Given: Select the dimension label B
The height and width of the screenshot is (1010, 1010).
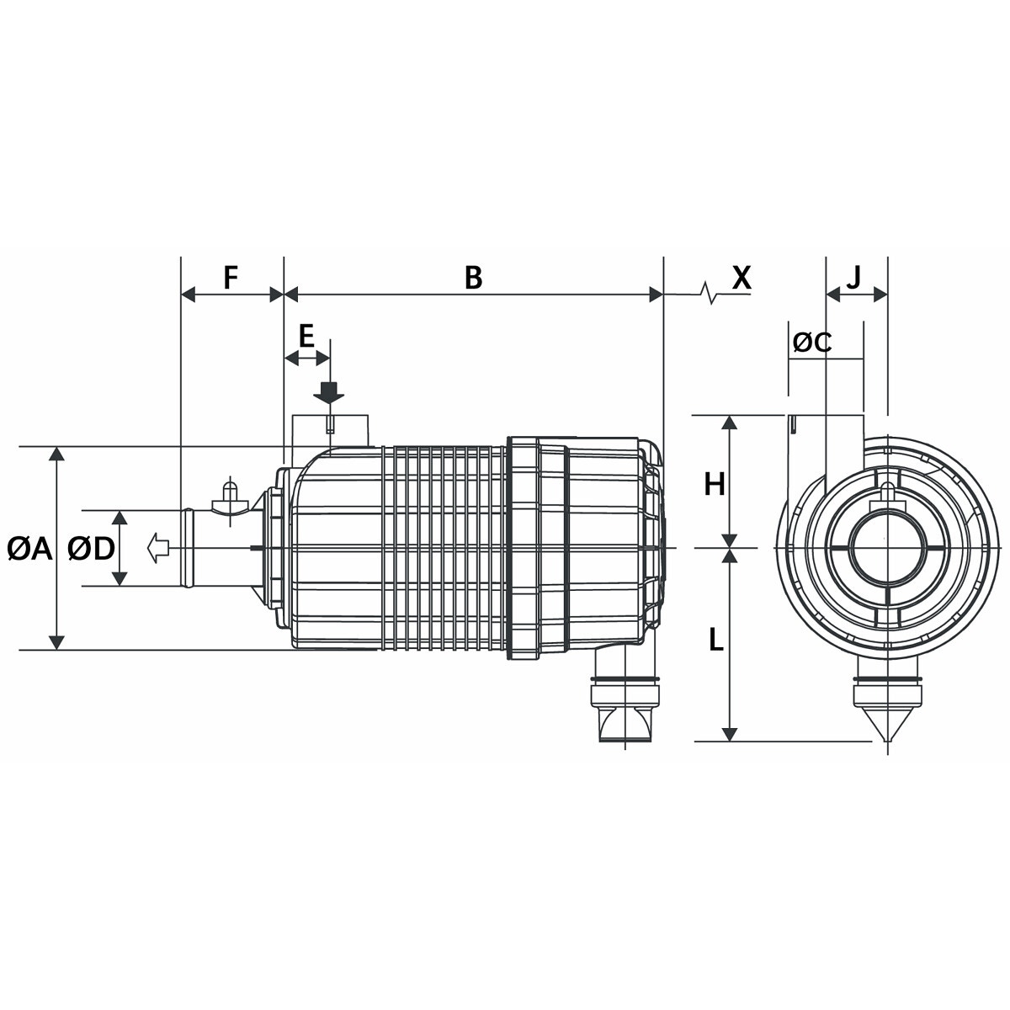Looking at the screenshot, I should coord(474,277).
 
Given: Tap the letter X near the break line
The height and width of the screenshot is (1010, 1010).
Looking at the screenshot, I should coord(741,277).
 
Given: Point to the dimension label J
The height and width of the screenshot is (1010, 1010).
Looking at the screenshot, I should coord(853,275).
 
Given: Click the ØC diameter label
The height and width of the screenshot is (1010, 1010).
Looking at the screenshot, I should coord(812,343).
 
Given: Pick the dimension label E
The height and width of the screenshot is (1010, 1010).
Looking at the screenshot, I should coord(306,337).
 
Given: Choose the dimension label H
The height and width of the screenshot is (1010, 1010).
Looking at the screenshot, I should coord(715,485).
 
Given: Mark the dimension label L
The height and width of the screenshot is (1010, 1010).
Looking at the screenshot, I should coord(715,641).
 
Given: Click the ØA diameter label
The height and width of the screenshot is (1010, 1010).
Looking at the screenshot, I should coord(29,550).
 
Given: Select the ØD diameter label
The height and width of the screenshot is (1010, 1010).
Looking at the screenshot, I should coord(91,550).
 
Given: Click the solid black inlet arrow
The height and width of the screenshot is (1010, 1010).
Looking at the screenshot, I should coord(329,391).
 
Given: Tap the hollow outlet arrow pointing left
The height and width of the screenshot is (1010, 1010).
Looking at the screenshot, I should coord(157,548).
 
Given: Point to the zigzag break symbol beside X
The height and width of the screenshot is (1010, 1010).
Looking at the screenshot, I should coord(712,294).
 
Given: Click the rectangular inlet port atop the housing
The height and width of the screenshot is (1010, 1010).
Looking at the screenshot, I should coord(330,429).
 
